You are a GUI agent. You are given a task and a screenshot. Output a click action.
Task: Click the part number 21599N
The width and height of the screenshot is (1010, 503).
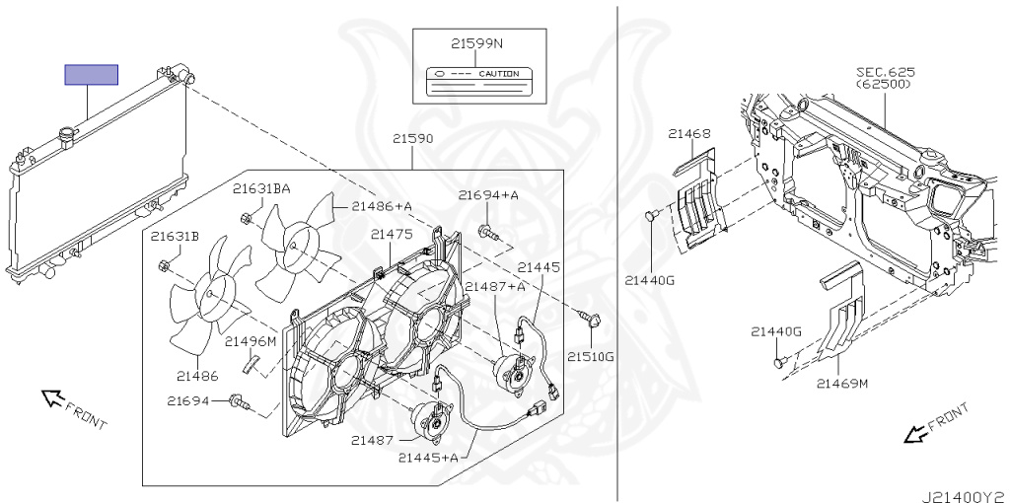(477, 44)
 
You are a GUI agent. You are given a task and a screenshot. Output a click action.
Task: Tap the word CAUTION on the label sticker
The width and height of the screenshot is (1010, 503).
(498, 74)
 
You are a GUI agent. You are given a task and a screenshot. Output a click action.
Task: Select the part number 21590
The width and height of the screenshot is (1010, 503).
(413, 139)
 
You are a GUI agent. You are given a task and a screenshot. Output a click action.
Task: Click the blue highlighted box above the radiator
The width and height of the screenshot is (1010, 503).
(91, 75)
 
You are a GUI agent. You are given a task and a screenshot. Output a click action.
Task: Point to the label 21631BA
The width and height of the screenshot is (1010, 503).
(261, 188)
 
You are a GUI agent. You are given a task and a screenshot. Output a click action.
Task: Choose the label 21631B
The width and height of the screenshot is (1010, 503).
(176, 237)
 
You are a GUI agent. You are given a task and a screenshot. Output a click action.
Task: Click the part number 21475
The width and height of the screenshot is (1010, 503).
(392, 234)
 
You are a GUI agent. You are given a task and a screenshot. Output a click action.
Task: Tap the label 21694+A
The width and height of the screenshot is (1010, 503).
(488, 195)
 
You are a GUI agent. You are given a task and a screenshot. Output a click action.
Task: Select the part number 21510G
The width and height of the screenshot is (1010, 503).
(590, 356)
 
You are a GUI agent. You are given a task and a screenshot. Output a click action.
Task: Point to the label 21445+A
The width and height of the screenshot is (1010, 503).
(429, 458)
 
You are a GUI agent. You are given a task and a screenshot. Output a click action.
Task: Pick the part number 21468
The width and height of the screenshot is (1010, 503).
(689, 134)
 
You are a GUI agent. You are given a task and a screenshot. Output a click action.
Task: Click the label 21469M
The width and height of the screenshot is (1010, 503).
(842, 383)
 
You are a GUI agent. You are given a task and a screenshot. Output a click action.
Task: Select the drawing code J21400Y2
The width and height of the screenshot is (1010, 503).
(965, 491)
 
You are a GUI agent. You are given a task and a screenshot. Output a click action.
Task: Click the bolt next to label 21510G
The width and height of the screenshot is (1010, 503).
(594, 319)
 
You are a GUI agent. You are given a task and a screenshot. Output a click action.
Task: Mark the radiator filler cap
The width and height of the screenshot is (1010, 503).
(69, 132)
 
